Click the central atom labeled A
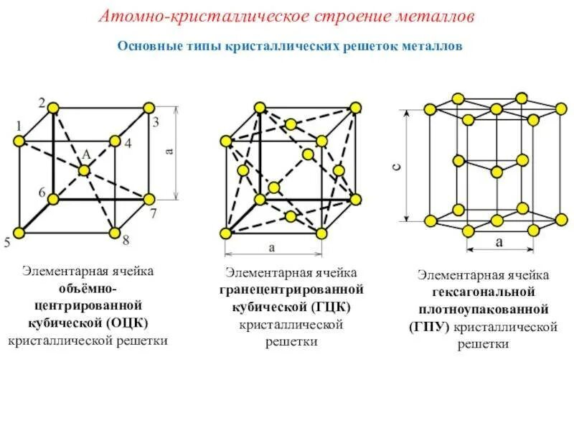84,170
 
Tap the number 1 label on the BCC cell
17,126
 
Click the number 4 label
128,143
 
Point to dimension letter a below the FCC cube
272,248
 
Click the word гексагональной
484,292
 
